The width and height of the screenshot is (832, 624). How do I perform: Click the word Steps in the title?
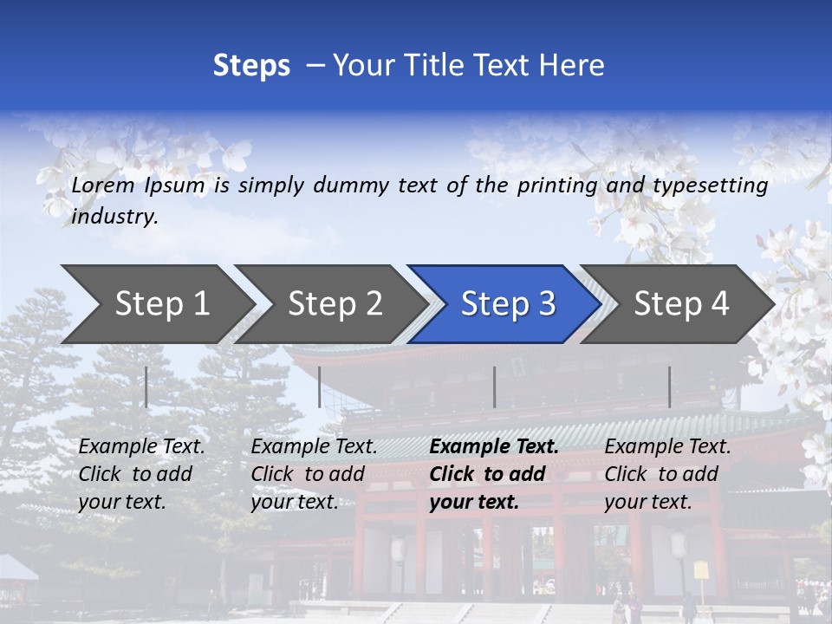(251, 66)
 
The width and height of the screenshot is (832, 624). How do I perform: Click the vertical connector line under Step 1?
(146, 387)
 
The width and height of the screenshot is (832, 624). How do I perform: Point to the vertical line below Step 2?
(320, 387)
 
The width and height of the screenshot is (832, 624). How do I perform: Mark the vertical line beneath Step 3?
(495, 387)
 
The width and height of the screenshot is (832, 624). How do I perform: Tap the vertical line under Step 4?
(669, 387)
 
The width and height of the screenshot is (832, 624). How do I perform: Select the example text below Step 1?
(141, 474)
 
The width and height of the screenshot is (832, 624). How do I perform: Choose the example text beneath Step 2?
(314, 474)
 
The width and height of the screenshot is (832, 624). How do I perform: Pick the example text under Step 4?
(667, 474)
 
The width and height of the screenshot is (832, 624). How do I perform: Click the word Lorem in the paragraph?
(103, 185)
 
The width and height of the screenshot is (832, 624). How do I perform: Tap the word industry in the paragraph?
(114, 217)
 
